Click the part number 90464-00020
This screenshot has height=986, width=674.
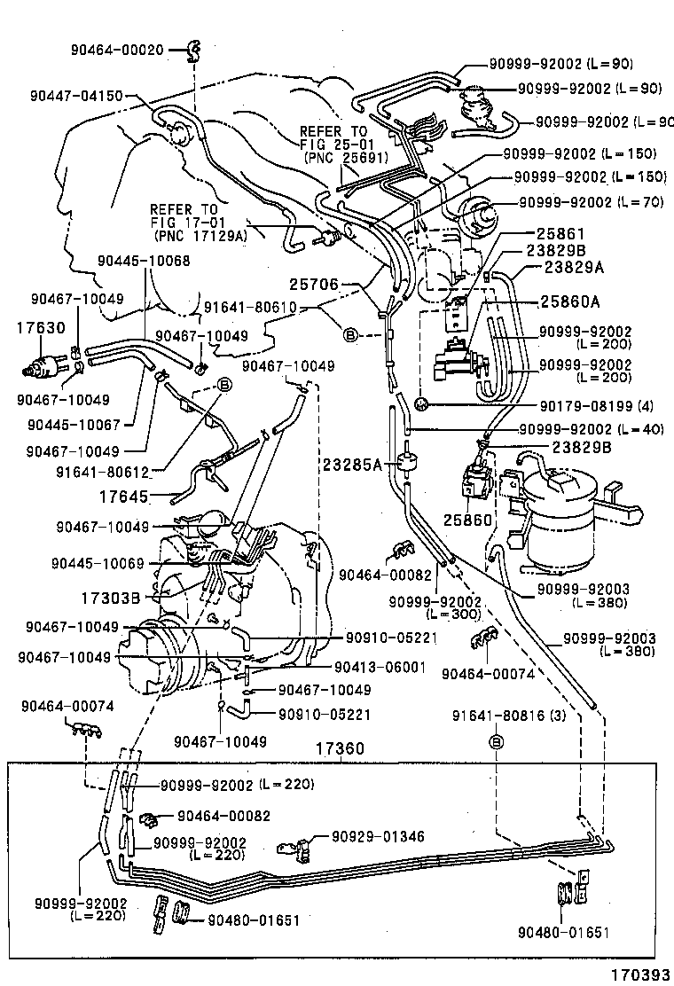[117, 51]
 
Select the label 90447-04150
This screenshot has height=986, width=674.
[75, 96]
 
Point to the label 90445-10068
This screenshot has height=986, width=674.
[144, 260]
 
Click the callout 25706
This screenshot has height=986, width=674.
[314, 285]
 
